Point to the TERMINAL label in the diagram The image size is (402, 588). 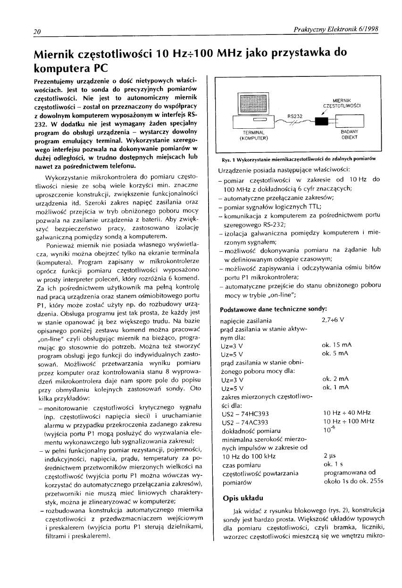(x=253, y=133)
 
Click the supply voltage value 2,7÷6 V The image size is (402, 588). (x=333, y=321)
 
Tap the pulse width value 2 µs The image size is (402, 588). (x=329, y=455)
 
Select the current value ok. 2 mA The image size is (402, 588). (x=334, y=379)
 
